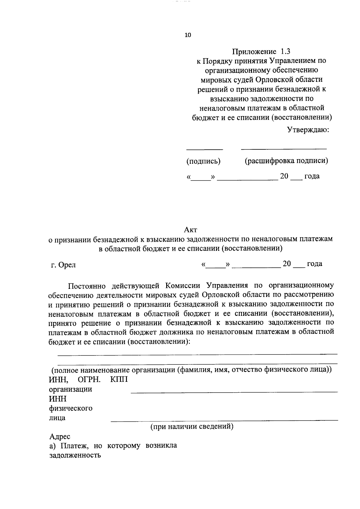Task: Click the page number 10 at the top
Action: (x=188, y=35)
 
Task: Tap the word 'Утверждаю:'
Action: (x=308, y=130)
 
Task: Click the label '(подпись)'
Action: (x=203, y=161)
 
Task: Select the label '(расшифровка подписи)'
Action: (x=286, y=161)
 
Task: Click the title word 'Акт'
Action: (x=190, y=230)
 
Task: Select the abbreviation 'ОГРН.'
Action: (x=89, y=380)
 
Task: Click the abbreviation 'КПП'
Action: (x=119, y=380)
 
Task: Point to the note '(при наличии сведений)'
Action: (x=192, y=426)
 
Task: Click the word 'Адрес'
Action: (x=60, y=437)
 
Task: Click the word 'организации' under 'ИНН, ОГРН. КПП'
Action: (x=70, y=389)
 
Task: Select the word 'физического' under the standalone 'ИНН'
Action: (x=70, y=409)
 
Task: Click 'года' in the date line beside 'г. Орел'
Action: (x=314, y=264)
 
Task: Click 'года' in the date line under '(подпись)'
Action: (x=312, y=176)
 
